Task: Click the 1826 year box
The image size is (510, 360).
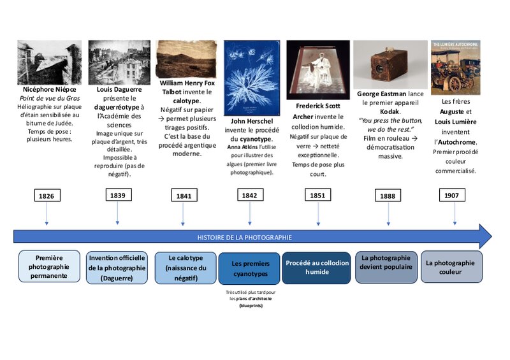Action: pos(46,195)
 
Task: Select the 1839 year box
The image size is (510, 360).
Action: pos(118,195)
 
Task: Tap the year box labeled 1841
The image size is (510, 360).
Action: pos(183,196)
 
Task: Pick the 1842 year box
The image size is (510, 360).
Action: pos(249,195)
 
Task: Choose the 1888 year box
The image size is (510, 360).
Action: pos(388,196)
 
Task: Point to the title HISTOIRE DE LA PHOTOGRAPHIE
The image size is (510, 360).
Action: pos(244,237)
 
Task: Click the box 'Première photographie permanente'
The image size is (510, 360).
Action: pos(50,267)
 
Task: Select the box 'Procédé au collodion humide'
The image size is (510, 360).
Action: pos(317,267)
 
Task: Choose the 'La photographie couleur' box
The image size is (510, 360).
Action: pos(451,267)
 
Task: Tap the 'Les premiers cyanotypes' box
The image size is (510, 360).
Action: pos(249,268)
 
